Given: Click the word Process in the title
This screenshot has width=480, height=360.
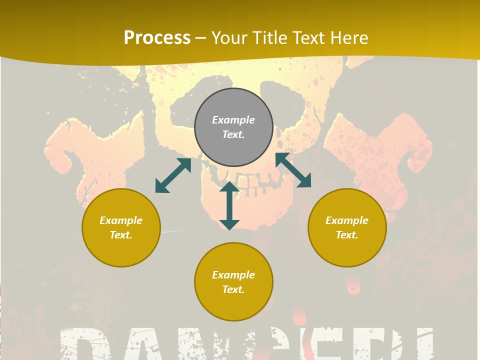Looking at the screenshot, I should click(x=157, y=38).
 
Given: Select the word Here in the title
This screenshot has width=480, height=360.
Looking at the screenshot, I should click(x=349, y=38).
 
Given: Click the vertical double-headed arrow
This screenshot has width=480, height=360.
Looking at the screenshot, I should click(x=229, y=205).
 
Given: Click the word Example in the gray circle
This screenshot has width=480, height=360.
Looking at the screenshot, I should click(x=233, y=120).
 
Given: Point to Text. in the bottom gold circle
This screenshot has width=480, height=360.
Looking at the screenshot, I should click(x=233, y=289).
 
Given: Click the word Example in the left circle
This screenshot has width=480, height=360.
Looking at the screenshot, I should click(x=121, y=220).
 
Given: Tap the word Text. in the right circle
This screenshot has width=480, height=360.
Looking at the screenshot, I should click(x=347, y=235).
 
